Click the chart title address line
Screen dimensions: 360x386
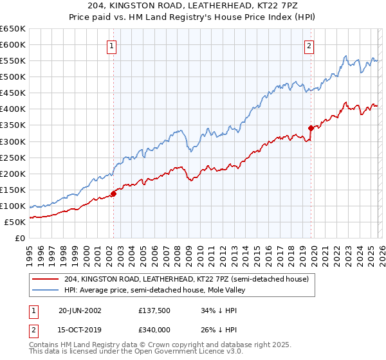[192, 6]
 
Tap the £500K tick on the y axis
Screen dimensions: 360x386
[12, 77]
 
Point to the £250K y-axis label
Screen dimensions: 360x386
[12, 157]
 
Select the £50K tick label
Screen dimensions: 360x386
[15, 222]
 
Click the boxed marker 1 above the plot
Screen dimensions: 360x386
[112, 46]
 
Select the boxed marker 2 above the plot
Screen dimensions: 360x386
[309, 46]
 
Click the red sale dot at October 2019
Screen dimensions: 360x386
[311, 128]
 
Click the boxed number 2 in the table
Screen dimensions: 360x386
[33, 332]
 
